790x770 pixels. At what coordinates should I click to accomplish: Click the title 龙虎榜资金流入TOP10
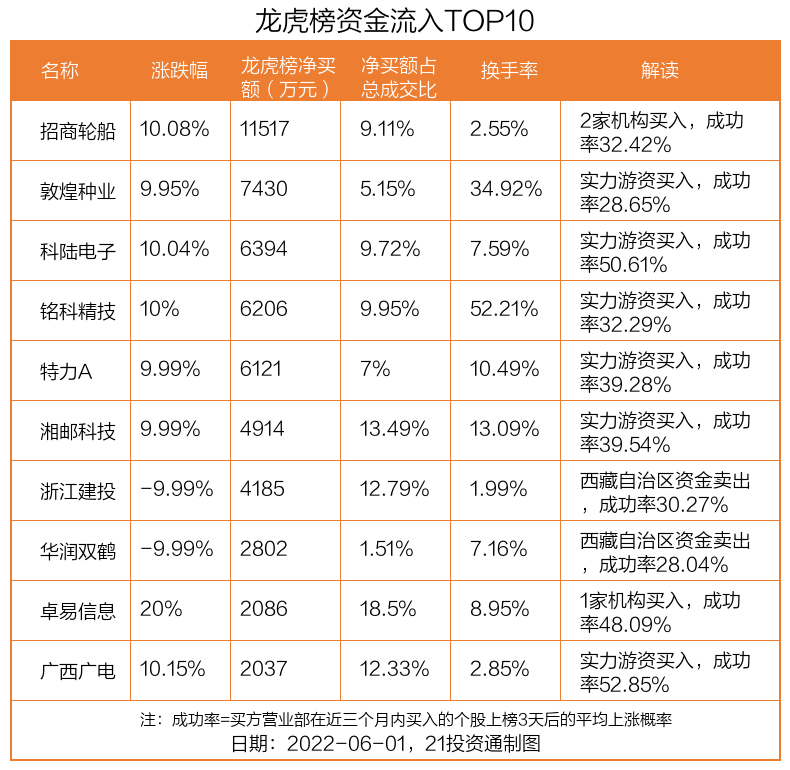pos(395,20)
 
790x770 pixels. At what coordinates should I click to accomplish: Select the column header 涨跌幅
pos(180,70)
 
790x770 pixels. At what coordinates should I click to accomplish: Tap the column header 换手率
pos(509,70)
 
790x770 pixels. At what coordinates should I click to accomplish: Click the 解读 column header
pos(659,70)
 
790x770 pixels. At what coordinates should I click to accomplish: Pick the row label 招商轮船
pos(78,130)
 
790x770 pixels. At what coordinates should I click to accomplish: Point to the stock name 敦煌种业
pos(78,190)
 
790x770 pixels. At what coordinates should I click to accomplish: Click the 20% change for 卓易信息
pos(161,610)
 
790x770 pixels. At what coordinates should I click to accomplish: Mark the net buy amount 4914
pos(262,430)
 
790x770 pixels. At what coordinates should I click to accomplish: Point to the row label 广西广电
pos(78,670)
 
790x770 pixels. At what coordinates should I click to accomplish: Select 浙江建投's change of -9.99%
pos(177,490)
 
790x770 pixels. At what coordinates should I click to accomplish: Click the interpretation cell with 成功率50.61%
pos(665,250)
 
